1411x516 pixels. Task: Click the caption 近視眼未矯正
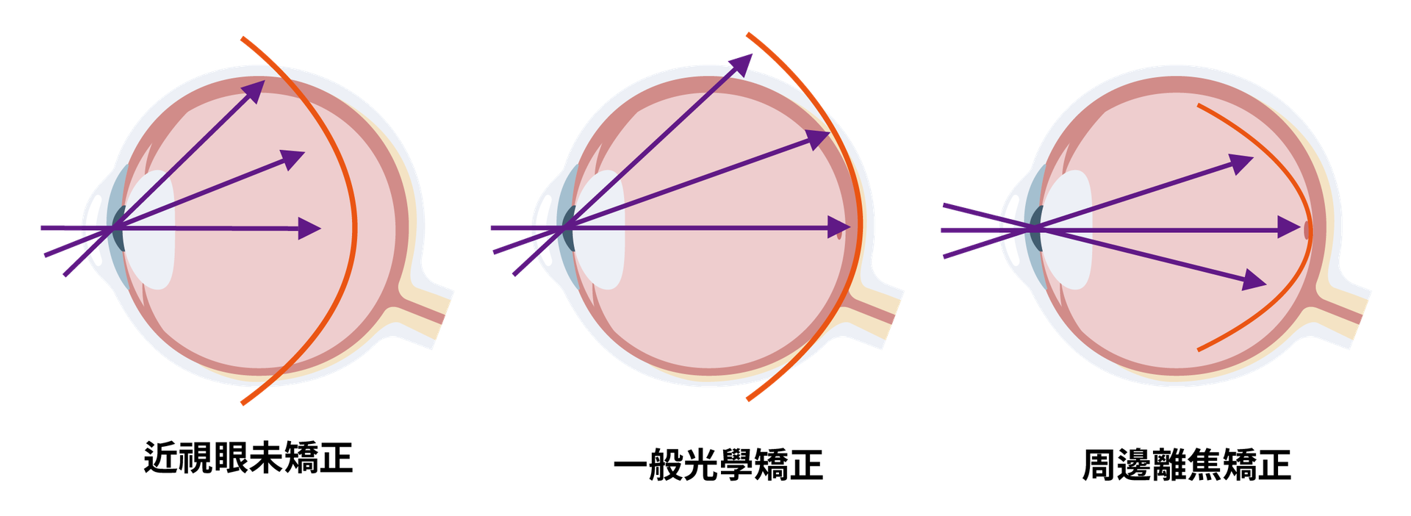248,457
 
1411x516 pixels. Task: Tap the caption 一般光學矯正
718,465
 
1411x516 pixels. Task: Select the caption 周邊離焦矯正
1186,465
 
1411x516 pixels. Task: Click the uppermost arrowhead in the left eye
254,90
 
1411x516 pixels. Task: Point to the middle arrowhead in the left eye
293,159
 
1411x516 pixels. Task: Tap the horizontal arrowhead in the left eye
309,229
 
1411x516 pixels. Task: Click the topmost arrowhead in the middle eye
742,65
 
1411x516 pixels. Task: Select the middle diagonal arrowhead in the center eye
819,139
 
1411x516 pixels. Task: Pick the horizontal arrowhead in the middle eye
839,228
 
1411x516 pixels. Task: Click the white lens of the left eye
150,229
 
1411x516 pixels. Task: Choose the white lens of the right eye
1066,229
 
